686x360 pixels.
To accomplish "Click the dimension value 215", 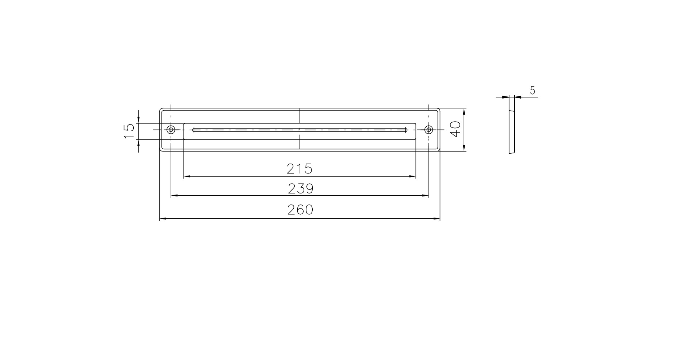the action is point(300,169).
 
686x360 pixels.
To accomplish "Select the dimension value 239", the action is point(301,189).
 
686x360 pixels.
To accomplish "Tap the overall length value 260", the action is point(300,210).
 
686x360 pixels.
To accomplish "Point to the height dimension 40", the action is point(455,130).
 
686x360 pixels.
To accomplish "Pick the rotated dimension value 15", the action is point(129,131).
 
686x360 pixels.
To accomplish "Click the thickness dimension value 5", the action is point(532,91).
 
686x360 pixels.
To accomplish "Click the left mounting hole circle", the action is point(171,130).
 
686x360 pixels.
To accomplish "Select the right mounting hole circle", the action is point(428,130).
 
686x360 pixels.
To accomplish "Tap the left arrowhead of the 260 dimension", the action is point(163,219).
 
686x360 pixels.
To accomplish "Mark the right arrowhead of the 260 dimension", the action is point(437,219).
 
